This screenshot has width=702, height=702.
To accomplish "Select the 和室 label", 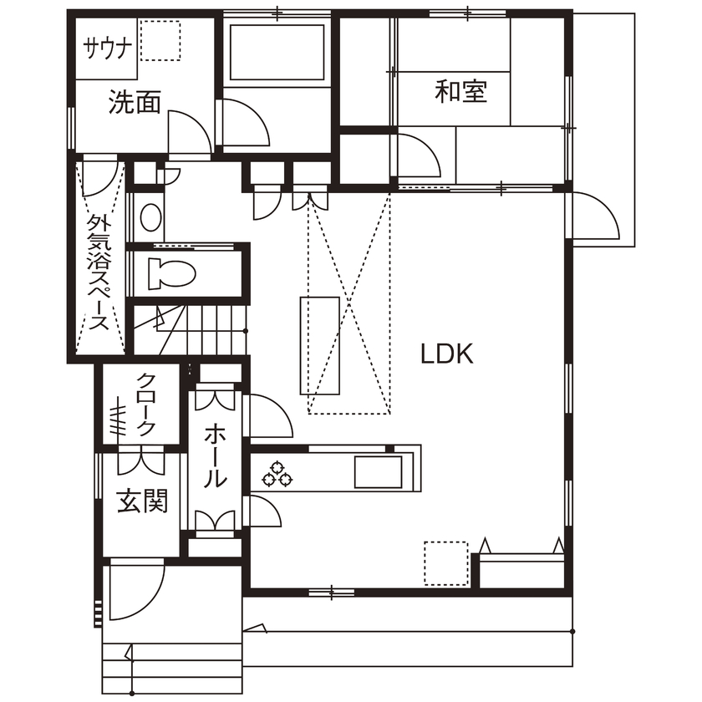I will point(460,90).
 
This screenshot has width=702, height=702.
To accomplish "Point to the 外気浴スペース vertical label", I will point(99,273).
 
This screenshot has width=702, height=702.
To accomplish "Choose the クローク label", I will point(146,404).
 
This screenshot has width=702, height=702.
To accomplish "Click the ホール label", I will point(215,456).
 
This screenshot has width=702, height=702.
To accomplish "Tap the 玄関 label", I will point(142,501).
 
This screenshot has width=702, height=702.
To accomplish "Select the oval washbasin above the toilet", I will point(151,217).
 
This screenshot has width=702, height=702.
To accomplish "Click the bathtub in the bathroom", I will point(275,52).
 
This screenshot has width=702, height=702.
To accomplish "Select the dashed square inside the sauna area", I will point(160,40).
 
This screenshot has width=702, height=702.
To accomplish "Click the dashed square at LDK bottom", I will point(445,563).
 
